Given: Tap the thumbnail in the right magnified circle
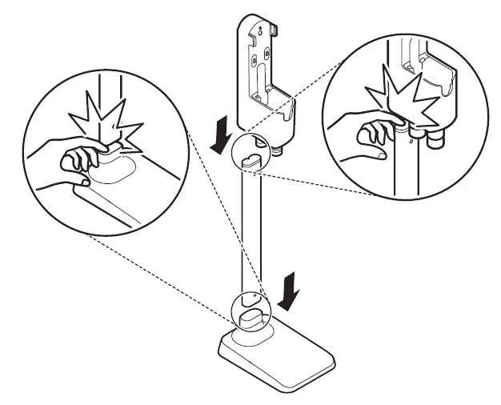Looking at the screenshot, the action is [x=399, y=117].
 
